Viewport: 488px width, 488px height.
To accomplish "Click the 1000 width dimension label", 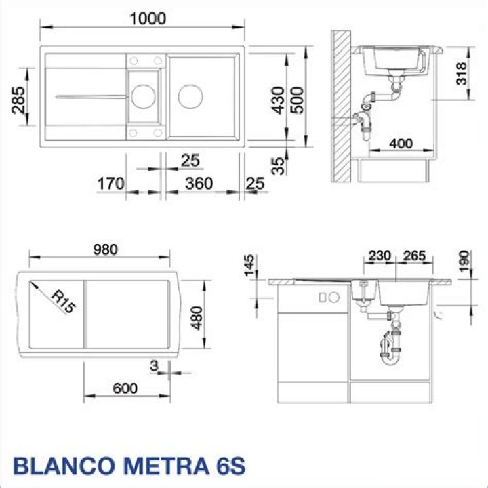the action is (x=148, y=19).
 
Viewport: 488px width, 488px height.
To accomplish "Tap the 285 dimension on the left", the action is (x=18, y=100).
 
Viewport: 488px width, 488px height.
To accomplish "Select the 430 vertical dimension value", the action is (x=278, y=100).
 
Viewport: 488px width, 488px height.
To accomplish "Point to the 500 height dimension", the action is (x=297, y=100).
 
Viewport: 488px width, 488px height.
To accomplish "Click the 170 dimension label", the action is (x=110, y=184).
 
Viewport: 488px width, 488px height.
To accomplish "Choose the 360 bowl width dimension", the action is (x=199, y=184).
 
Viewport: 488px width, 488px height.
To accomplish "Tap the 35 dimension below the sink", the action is (x=278, y=166).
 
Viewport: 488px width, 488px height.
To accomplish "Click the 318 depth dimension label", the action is (x=462, y=74).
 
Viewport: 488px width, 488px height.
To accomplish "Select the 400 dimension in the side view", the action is (x=401, y=144).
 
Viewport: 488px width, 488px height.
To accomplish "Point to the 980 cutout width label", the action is (x=106, y=249).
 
